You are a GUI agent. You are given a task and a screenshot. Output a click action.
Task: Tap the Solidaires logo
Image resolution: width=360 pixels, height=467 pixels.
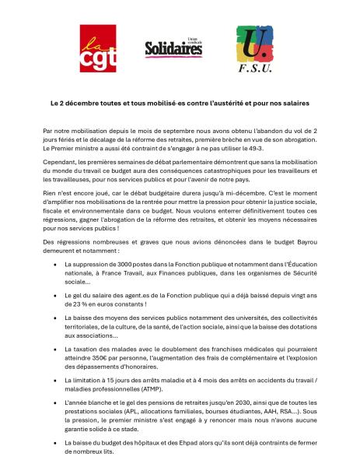[x=173, y=48]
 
